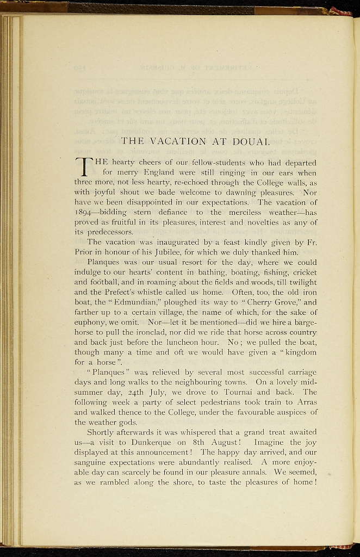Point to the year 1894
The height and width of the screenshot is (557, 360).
click(x=84, y=212)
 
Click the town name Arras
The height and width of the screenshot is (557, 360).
click(x=305, y=402)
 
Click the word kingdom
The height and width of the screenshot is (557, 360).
click(x=297, y=352)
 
